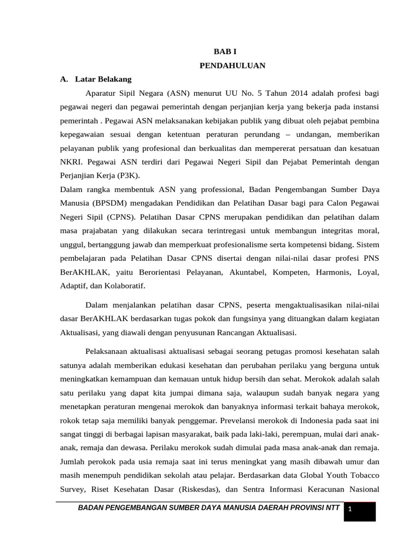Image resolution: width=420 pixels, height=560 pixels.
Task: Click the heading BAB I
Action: click(221, 51)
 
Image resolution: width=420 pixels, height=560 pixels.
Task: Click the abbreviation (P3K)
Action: click(140, 176)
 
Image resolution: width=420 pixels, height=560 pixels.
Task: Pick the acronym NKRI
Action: click(70, 162)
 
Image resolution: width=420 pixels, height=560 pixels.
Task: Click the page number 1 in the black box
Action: click(350, 510)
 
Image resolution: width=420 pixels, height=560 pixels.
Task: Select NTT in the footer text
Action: click(331, 508)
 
